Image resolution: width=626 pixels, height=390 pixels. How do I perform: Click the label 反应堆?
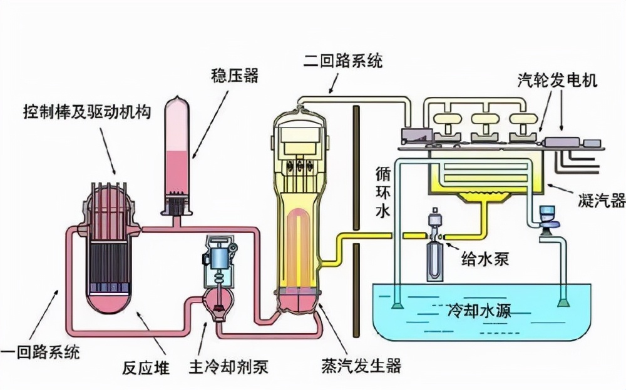point(148,367)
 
